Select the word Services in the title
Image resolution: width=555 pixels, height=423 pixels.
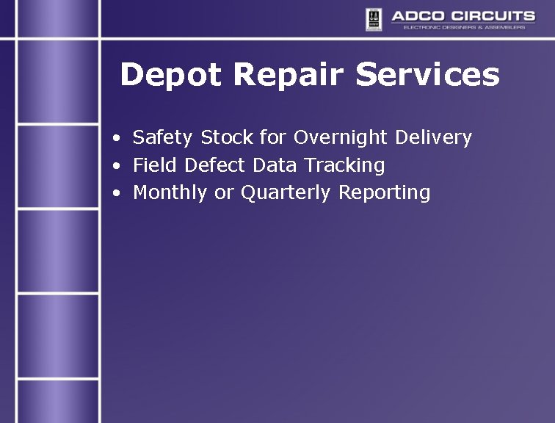428,75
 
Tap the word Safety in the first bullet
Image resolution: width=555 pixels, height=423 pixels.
163,137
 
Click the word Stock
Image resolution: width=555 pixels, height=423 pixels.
228,137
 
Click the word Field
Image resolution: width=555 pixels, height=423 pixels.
156,165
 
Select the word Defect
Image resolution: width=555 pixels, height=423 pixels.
215,165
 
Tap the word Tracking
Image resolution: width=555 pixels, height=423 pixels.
344,166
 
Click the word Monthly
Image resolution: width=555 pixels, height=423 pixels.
170,193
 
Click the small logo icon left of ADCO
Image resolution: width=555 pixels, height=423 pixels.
374,18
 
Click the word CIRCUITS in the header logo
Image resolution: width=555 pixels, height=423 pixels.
490,16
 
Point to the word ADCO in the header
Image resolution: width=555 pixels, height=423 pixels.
416,16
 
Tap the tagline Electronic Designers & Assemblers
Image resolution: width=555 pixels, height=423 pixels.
464,27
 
